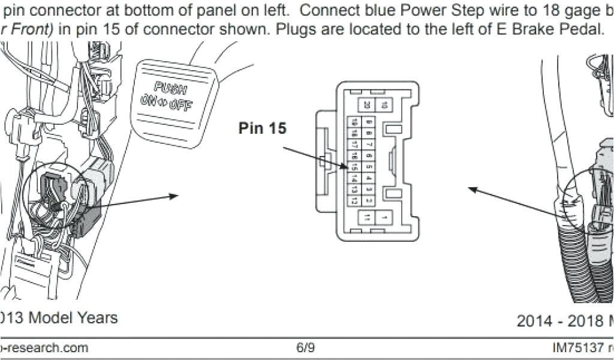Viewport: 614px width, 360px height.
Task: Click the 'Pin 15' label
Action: (x=262, y=128)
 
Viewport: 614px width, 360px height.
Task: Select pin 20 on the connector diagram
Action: (x=366, y=105)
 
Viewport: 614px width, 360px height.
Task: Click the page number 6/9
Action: (x=305, y=347)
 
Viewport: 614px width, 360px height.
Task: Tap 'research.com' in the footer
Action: (x=48, y=347)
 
